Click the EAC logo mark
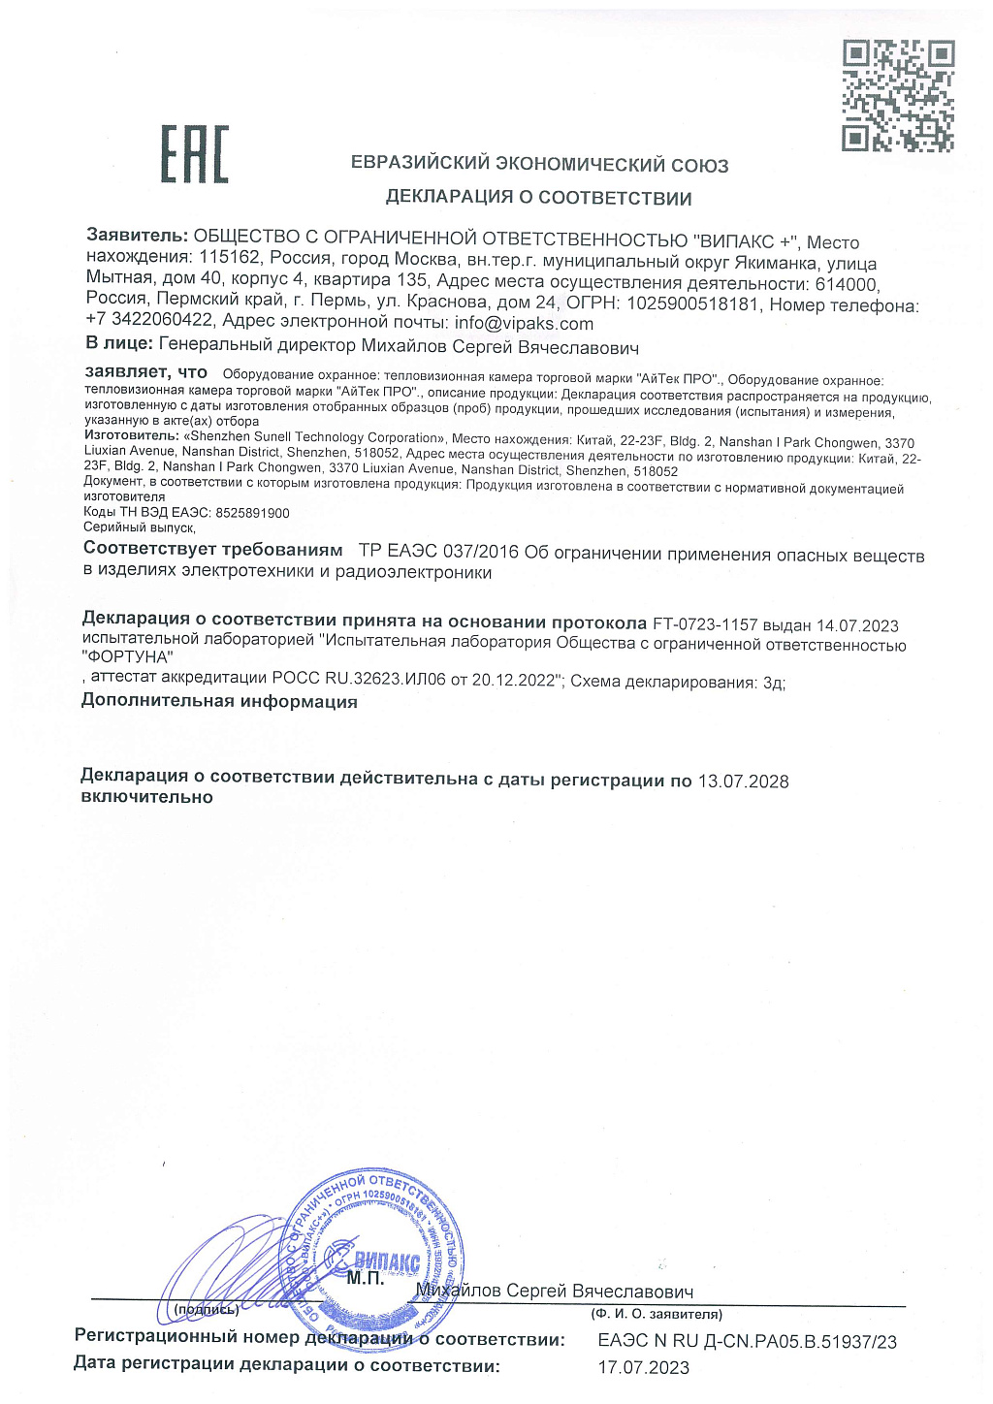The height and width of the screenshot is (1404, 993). (195, 155)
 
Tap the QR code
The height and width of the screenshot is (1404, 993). (898, 96)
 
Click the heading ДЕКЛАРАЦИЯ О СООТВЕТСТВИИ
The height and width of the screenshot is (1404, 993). (538, 198)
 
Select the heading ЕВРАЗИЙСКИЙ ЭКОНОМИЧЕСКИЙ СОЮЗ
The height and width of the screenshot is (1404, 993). (539, 165)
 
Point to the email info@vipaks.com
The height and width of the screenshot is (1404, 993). (524, 324)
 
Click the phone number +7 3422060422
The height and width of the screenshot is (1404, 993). (149, 320)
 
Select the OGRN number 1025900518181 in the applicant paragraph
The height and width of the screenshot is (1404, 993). (696, 304)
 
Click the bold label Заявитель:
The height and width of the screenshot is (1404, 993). (137, 235)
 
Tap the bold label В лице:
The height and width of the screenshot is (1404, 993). (119, 343)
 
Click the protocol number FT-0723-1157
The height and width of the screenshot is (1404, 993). (705, 625)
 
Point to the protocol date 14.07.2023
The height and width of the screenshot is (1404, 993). (857, 625)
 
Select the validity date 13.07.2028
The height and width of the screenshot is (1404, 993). (743, 782)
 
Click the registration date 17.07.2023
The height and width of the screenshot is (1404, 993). (643, 1368)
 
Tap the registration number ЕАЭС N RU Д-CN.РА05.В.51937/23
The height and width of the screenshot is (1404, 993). (747, 1342)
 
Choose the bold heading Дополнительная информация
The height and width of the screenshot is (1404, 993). (219, 701)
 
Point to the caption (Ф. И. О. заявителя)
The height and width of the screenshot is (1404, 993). (657, 1315)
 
